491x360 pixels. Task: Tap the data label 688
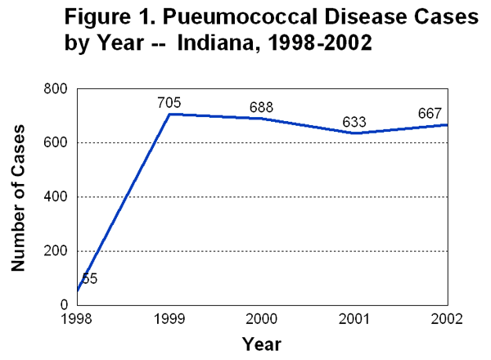pos(261,107)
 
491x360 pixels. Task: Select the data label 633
pos(354,122)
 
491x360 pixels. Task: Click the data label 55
pos(90,278)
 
